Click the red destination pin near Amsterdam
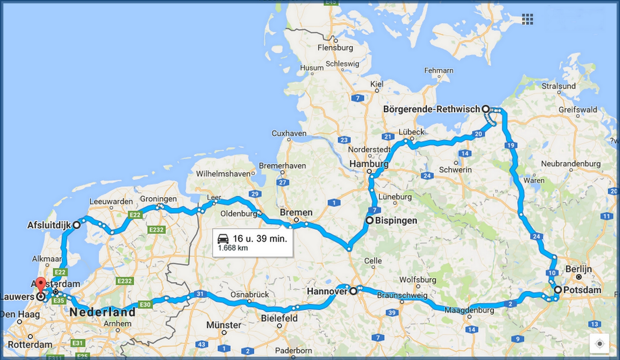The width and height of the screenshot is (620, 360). tap(41, 284)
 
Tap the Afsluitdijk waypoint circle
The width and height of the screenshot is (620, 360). tap(76, 225)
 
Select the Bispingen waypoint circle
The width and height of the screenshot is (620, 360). tap(369, 220)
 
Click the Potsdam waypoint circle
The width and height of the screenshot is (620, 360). tap(558, 290)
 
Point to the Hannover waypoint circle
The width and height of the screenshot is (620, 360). tap(353, 291)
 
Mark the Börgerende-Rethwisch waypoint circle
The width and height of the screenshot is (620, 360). tap(486, 109)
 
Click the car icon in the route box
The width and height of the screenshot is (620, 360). tap(223, 238)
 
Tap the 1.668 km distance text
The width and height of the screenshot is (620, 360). tap(233, 248)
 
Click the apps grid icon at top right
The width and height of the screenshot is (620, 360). tap(527, 19)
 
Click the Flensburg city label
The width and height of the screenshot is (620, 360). tap(335, 48)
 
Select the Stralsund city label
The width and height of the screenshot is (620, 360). tap(559, 86)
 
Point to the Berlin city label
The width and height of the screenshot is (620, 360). tap(579, 269)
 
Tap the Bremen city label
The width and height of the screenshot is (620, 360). tap(296, 212)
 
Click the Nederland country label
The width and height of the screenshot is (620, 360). tap(102, 312)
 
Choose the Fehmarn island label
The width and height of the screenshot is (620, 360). tap(439, 70)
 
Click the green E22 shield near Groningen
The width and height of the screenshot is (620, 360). tap(135, 214)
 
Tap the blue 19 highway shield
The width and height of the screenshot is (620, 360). tap(511, 145)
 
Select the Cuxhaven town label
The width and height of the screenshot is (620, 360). tap(289, 133)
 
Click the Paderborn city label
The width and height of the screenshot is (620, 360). tap(294, 350)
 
